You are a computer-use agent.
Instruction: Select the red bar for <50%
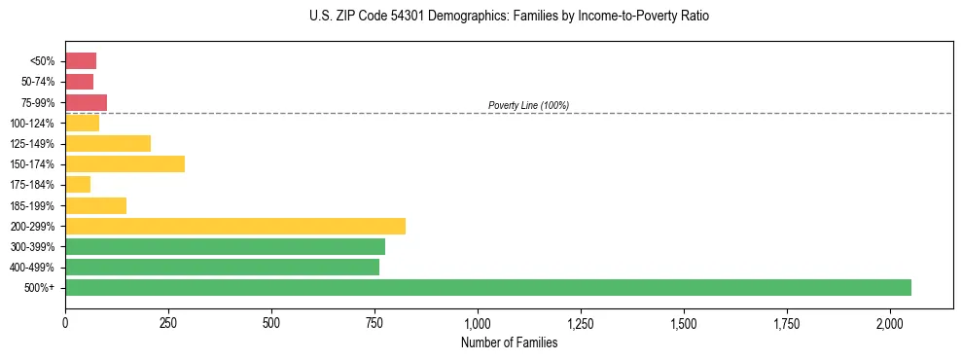click(81, 61)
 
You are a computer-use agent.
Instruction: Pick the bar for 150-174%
click(125, 164)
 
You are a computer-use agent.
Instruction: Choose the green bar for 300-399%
click(225, 246)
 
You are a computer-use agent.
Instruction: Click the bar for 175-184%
click(78, 185)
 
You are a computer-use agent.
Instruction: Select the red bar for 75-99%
click(86, 102)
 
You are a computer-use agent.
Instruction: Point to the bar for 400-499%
click(222, 267)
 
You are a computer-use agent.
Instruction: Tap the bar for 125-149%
click(108, 144)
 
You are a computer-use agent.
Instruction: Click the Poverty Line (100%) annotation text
click(528, 105)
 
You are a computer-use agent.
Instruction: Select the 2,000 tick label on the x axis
click(890, 322)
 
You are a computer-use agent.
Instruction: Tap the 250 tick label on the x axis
click(168, 322)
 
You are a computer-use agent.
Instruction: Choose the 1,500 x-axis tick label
click(684, 322)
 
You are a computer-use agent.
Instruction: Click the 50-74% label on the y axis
click(39, 82)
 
